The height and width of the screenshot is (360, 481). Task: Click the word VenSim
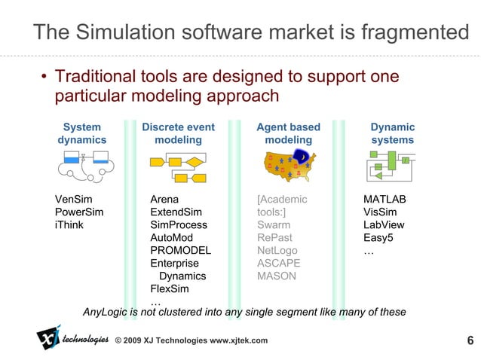pyautogui.click(x=74, y=200)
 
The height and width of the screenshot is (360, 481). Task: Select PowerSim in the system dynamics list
pyautogui.click(x=80, y=212)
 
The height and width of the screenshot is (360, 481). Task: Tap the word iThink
pyautogui.click(x=70, y=225)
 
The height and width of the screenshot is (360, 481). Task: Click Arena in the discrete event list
pyautogui.click(x=165, y=200)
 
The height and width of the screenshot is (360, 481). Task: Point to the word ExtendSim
pyautogui.click(x=176, y=212)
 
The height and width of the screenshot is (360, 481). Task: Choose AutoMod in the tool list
pyautogui.click(x=173, y=238)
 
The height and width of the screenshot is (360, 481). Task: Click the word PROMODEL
pyautogui.click(x=181, y=251)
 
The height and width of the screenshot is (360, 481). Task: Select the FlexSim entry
pyautogui.click(x=170, y=288)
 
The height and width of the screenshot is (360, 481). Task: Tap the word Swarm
pyautogui.click(x=274, y=225)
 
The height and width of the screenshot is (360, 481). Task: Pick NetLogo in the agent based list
pyautogui.click(x=277, y=251)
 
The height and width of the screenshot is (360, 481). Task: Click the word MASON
pyautogui.click(x=276, y=276)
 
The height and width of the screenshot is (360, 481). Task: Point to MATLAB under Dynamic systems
pyautogui.click(x=384, y=200)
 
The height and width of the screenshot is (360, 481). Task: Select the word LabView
pyautogui.click(x=384, y=225)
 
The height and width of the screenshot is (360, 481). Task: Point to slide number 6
pyautogui.click(x=470, y=340)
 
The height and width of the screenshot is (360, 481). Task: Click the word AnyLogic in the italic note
pyautogui.click(x=106, y=312)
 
